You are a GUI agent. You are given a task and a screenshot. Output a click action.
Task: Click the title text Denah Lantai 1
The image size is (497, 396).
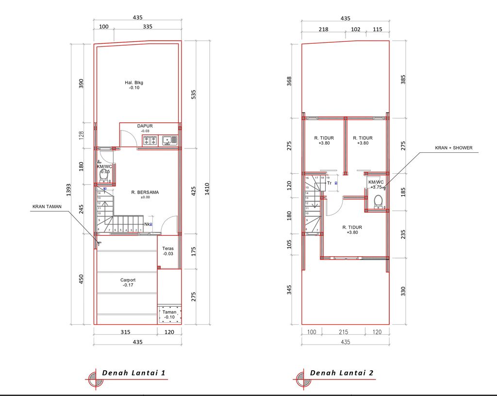click(133, 373)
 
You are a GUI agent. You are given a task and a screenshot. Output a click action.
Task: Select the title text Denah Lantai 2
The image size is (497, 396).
click(342, 373)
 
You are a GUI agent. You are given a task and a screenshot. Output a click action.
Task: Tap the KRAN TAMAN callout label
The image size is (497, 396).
click(48, 206)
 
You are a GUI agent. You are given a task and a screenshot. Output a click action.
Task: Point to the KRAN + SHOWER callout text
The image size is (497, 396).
click(453, 148)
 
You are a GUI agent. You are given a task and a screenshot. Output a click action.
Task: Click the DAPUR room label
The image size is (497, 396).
click(145, 126)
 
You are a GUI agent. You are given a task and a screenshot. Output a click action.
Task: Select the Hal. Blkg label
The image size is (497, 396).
click(134, 82)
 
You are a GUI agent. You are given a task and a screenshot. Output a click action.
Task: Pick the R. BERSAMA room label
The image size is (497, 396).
click(145, 192)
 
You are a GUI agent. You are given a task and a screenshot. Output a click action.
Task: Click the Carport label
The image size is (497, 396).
click(128, 280)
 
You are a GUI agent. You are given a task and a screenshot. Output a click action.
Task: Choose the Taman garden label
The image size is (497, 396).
click(169, 312)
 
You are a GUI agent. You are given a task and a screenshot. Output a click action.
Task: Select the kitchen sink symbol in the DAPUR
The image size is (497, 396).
click(169, 141)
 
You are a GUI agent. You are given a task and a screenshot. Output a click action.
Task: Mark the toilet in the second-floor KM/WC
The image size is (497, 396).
click(379, 200)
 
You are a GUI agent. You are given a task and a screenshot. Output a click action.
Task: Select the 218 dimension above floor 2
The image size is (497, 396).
click(323, 29)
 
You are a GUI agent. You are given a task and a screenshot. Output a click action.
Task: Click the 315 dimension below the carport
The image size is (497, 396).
click(125, 332)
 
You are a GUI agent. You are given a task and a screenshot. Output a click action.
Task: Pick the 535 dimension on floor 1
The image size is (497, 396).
click(194, 94)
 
